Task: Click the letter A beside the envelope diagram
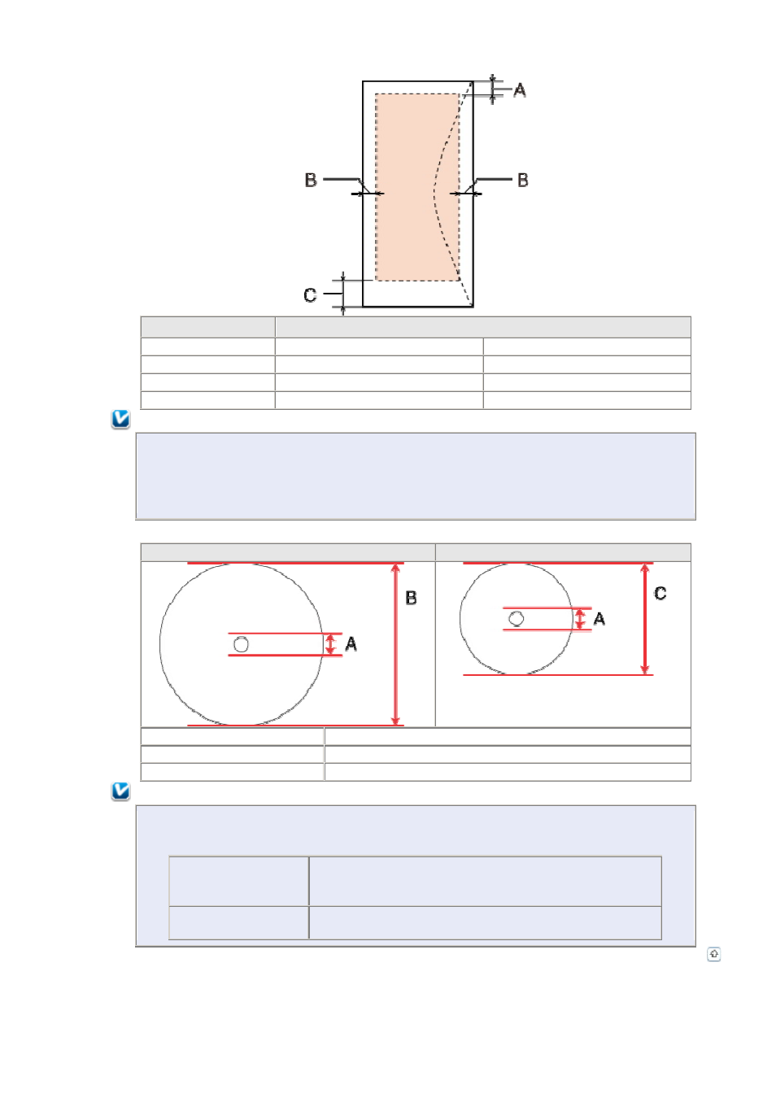[520, 90]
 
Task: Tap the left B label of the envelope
[311, 180]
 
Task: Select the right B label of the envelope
[523, 180]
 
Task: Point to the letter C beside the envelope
[310, 295]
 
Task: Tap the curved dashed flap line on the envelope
[435, 189]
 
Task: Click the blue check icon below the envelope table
[120, 420]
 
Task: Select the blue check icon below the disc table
[120, 791]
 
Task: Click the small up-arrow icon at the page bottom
[713, 954]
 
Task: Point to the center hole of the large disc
[242, 644]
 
